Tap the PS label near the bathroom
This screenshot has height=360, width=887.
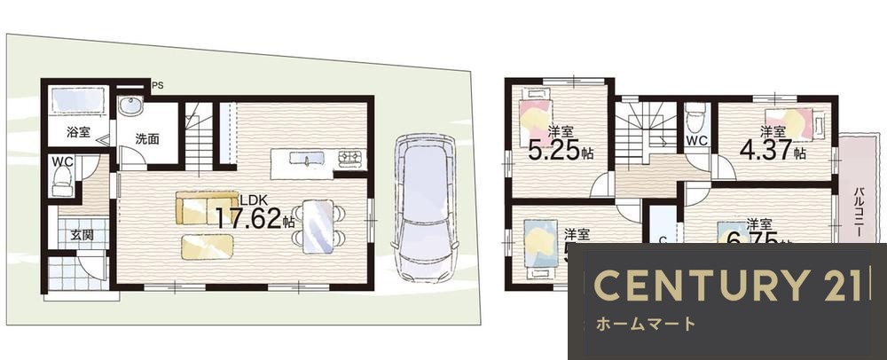[158, 85]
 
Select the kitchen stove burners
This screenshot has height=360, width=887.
[348, 160]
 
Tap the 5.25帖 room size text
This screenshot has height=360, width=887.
[560, 151]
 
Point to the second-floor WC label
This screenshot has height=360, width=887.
[695, 141]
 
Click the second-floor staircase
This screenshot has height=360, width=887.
[641, 133]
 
